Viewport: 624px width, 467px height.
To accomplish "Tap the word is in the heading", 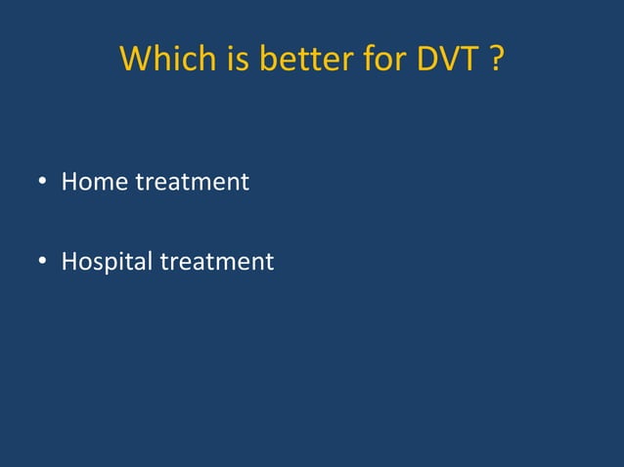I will click(225, 61).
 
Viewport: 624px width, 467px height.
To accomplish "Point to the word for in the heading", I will click(376, 61).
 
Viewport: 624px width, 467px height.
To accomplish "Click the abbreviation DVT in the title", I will click(446, 61).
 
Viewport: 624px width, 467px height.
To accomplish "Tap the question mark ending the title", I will click(497, 61).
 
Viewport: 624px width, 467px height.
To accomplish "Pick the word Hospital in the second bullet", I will click(105, 263).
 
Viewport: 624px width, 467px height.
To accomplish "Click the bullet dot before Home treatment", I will click(43, 184).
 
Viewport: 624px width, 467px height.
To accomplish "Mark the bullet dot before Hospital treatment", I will click(43, 264).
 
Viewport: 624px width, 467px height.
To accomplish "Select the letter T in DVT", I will click(468, 61).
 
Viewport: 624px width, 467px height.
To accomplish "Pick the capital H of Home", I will click(69, 182).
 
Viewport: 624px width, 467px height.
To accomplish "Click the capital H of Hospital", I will click(69, 262).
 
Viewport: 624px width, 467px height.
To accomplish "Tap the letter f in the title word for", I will click(359, 60).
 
